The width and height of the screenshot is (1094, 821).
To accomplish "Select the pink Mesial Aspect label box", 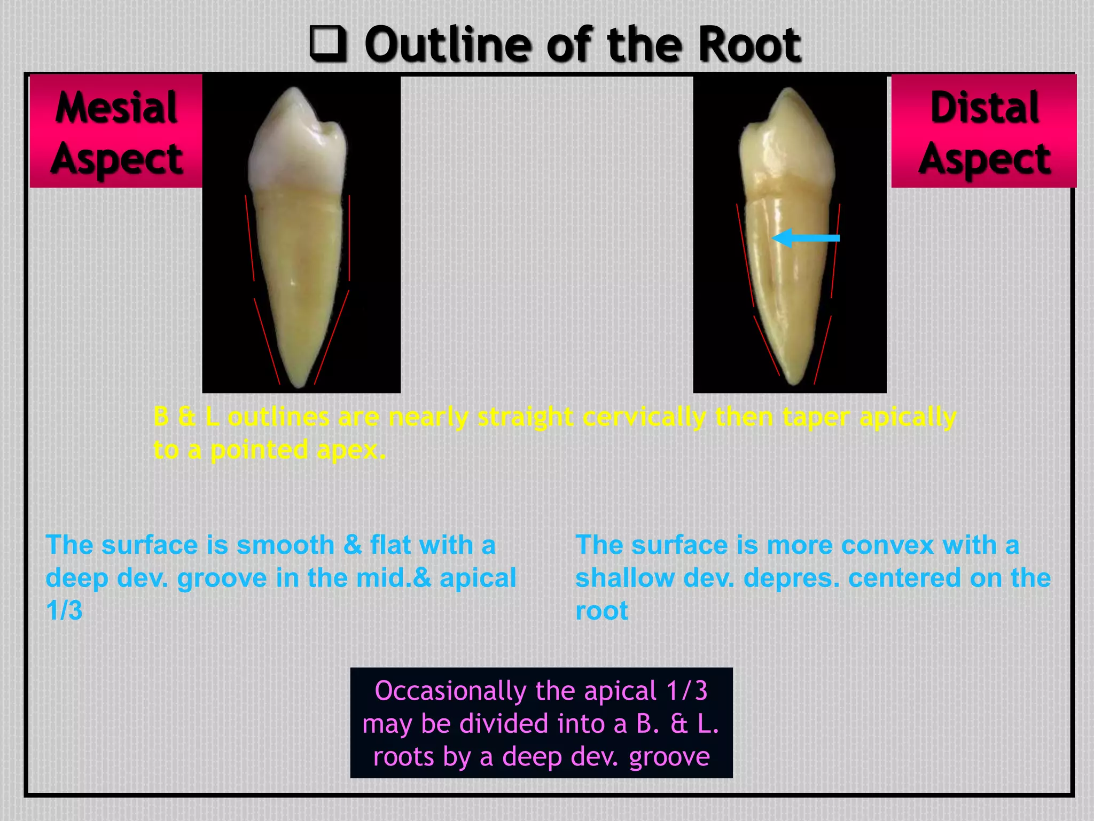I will (x=116, y=131).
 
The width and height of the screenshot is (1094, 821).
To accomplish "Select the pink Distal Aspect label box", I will (x=984, y=131).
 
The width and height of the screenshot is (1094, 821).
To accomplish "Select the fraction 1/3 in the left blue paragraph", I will (x=64, y=610).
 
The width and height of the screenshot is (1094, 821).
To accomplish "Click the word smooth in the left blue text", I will (x=285, y=545).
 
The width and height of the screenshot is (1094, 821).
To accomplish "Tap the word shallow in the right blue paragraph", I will (x=624, y=578).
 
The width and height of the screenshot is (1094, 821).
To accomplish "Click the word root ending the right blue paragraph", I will (x=601, y=611).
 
